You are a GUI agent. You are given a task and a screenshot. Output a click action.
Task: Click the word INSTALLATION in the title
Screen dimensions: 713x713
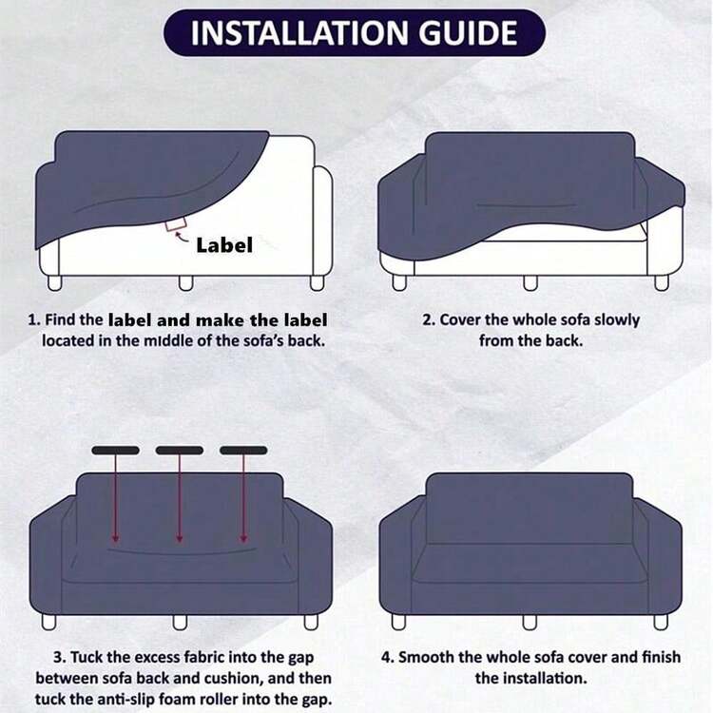[299, 32]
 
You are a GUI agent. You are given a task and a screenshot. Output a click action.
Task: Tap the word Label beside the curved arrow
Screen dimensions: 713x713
[224, 245]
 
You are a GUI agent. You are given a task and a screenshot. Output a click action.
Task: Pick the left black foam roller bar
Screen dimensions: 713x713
[115, 451]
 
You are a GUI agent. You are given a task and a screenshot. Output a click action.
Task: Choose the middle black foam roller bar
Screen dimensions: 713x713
[180, 451]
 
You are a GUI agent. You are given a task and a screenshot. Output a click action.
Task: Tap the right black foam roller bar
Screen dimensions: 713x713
[243, 451]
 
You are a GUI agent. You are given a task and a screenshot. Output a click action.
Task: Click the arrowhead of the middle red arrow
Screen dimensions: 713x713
[180, 539]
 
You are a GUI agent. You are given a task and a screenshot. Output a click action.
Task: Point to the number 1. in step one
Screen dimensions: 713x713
[34, 319]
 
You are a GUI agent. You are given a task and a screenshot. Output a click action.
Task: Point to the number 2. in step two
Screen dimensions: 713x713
[429, 319]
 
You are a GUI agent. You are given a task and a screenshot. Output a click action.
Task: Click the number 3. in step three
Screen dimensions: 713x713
[60, 657]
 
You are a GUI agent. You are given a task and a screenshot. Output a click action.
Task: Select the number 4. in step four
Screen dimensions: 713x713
[388, 657]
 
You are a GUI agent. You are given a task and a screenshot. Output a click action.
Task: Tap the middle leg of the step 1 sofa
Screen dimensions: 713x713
[185, 283]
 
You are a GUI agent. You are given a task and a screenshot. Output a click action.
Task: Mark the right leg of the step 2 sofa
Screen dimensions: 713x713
[662, 282]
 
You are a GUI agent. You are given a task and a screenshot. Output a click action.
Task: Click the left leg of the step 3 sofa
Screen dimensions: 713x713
[49, 622]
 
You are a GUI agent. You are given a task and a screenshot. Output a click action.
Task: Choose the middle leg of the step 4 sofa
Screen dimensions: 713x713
[530, 622]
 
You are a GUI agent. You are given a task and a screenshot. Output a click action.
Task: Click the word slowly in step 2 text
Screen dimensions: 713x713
[617, 320]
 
